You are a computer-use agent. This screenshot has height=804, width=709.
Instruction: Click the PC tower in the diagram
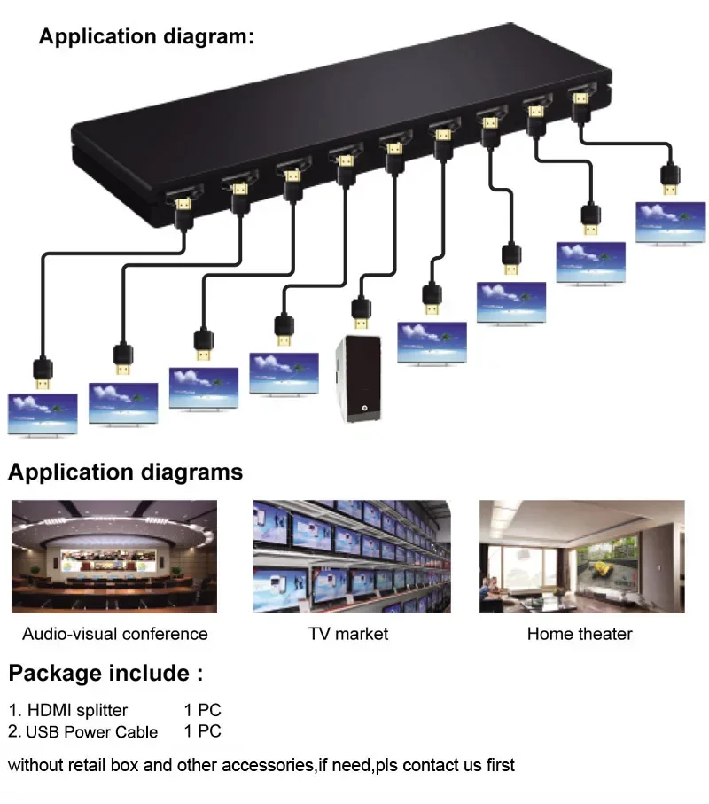coord(359,379)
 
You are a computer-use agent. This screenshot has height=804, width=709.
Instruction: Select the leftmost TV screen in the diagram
coord(43,413)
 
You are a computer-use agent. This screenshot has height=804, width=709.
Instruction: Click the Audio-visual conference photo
coord(114,556)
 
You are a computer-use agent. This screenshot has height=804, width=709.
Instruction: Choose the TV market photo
coord(352,556)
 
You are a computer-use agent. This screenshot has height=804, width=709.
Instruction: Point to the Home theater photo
coord(581,556)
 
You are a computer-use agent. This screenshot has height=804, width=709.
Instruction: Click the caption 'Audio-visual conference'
coord(114,634)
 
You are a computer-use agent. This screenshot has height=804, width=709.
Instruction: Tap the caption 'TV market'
coord(348,634)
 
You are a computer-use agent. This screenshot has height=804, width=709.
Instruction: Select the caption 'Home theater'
coord(580,634)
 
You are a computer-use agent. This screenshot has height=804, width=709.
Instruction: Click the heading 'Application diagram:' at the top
coord(146,37)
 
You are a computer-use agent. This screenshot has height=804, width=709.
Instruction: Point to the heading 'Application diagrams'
coord(125,472)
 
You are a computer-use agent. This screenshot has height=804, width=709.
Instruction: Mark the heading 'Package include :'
coord(105,673)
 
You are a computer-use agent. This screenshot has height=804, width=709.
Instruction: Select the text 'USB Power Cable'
coord(91,732)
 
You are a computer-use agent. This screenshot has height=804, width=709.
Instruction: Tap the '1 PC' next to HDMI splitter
coord(202,710)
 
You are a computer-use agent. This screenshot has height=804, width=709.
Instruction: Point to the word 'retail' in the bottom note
coord(89,765)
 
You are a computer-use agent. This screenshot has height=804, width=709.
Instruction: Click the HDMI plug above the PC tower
coord(361,313)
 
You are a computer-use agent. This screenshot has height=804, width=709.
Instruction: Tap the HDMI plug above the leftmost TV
coord(42,372)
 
